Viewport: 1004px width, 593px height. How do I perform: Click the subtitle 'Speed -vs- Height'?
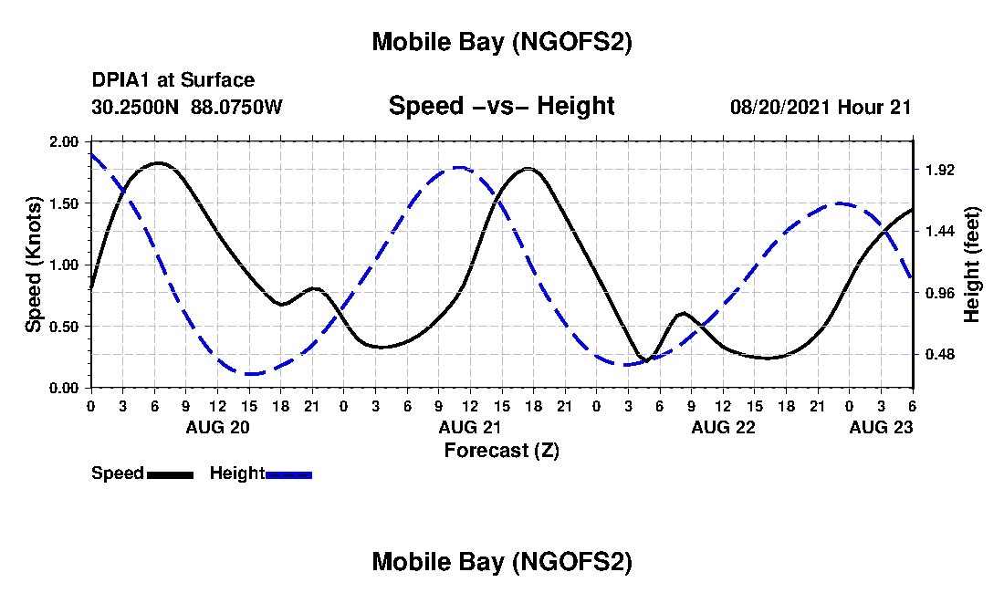point(501,106)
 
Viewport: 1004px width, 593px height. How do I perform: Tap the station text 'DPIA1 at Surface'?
point(173,80)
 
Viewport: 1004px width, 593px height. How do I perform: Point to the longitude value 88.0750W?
point(237,107)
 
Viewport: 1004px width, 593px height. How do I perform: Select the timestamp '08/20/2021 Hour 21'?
point(821,107)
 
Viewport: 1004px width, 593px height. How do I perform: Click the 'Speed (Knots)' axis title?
point(34,265)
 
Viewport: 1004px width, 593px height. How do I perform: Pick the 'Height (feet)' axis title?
point(972,265)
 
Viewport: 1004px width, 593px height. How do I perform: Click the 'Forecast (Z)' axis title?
point(501,450)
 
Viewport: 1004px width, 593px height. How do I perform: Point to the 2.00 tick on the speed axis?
point(65,142)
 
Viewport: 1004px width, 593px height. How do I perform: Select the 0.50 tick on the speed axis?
point(65,327)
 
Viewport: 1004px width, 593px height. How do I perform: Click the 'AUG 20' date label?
point(217,427)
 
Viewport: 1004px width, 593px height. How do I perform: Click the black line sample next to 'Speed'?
point(170,474)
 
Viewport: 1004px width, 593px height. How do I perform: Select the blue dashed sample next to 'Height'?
point(288,474)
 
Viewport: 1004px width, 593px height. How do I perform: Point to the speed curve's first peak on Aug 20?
point(159,163)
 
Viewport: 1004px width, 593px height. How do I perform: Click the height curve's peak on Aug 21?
point(459,168)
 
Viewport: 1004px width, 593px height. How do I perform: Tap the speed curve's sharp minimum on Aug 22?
point(645,360)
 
